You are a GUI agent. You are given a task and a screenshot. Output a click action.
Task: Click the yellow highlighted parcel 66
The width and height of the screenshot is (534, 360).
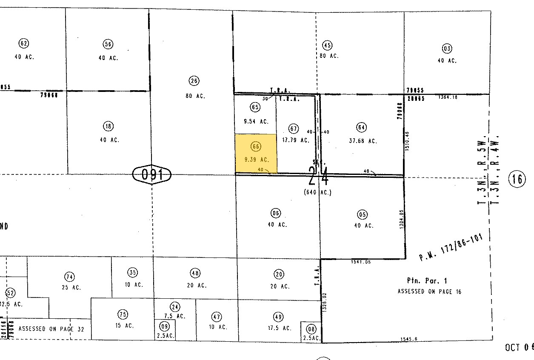(256, 153)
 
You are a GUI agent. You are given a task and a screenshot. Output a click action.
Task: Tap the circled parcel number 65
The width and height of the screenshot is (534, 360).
(255, 107)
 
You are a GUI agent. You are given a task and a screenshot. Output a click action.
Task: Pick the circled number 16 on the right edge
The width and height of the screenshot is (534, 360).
(517, 179)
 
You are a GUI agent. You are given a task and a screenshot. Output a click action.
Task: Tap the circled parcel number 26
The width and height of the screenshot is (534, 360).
(194, 81)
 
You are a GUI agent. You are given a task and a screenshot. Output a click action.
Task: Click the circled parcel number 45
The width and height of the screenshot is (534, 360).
(327, 46)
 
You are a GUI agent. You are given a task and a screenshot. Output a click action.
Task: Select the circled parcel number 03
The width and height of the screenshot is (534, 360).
(446, 48)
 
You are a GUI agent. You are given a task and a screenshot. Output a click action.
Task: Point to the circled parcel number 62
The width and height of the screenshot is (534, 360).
(24, 43)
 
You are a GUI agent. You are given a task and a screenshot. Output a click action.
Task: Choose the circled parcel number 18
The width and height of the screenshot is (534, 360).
(108, 126)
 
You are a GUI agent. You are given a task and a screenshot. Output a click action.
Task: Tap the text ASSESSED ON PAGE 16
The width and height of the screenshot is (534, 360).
(429, 291)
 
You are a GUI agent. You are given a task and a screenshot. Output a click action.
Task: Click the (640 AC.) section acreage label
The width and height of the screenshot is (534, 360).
(317, 192)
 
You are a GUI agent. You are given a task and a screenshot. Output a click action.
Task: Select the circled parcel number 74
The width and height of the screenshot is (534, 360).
(69, 277)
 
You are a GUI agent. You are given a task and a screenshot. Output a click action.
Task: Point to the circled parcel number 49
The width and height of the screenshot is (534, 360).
(278, 317)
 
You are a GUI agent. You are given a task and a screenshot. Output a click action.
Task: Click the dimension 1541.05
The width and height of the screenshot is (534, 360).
(361, 262)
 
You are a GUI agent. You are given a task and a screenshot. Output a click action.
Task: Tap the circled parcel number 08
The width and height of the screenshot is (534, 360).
(311, 329)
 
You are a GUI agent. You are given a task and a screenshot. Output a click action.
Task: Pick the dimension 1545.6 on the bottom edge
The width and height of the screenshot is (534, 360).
(408, 339)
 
